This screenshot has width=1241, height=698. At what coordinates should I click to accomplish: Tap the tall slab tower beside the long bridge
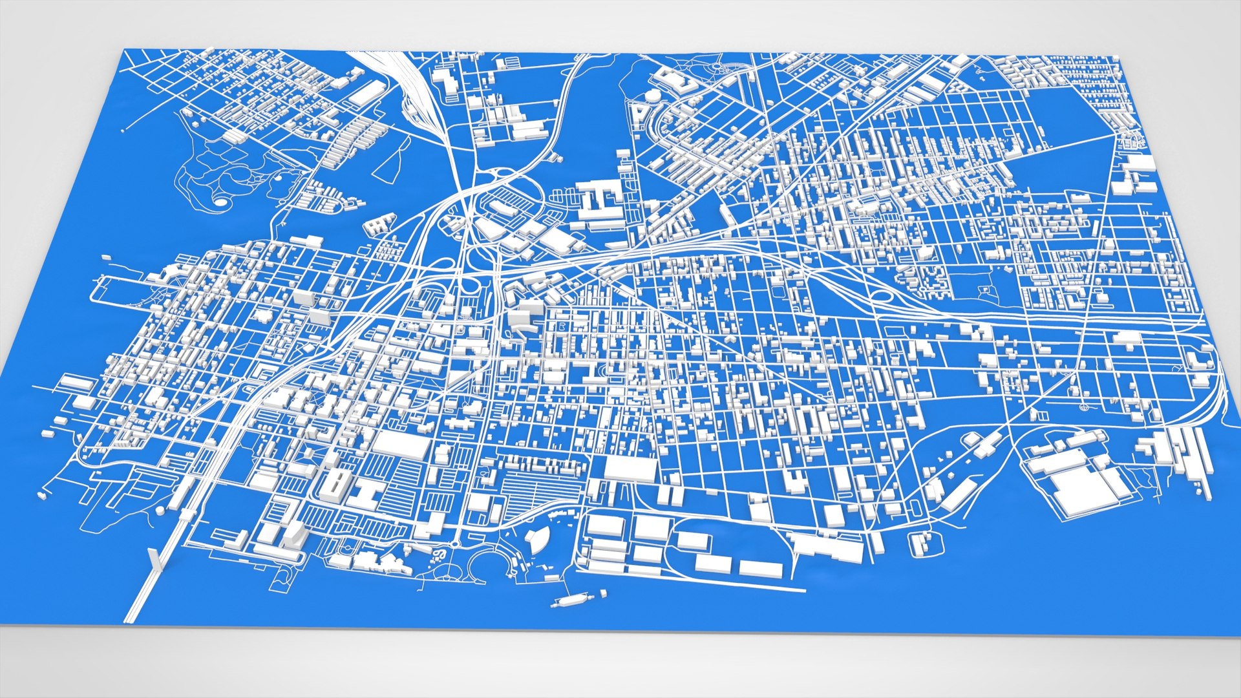point(154,560)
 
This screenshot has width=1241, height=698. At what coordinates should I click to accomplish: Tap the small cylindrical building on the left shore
point(160,511)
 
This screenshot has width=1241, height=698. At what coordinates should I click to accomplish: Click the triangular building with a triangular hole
point(640,114)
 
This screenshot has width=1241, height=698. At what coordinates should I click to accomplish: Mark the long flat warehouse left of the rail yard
point(366,94)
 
